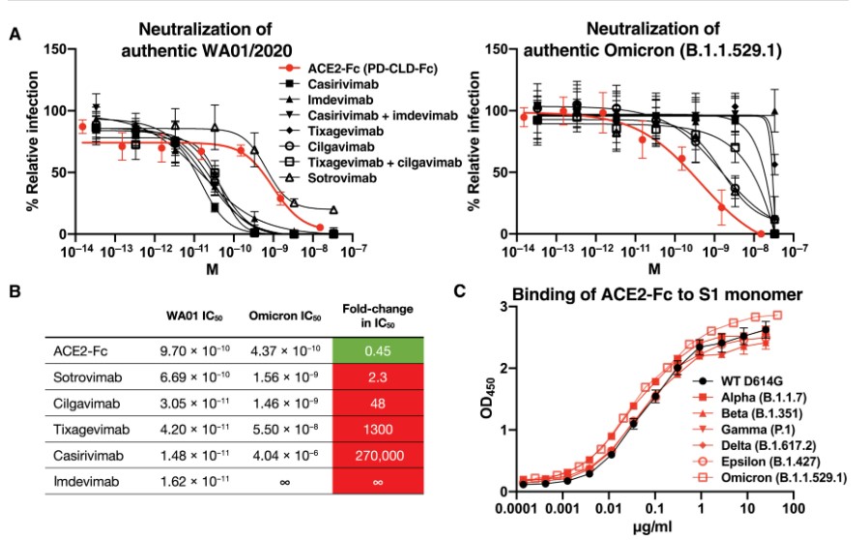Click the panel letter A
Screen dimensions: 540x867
click(x=14, y=35)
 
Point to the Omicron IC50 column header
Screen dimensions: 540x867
click(x=279, y=315)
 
